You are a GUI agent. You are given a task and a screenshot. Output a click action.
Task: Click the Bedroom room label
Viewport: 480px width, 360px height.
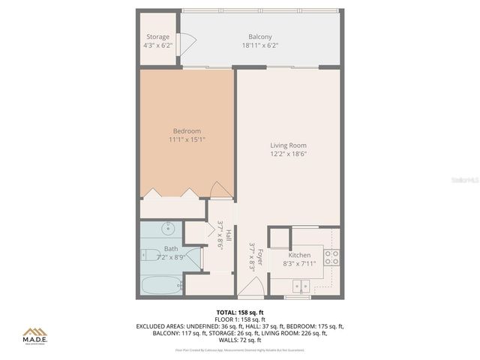pyautogui.click(x=186, y=131)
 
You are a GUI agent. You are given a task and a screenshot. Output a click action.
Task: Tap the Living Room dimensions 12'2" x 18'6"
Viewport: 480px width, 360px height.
pyautogui.click(x=289, y=154)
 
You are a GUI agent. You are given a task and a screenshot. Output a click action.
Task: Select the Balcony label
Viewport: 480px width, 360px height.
pyautogui.click(x=260, y=37)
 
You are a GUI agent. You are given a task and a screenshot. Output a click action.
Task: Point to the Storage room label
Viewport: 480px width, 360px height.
pyautogui.click(x=157, y=37)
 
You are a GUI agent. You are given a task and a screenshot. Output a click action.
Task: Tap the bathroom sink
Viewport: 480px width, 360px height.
pyautogui.click(x=169, y=229)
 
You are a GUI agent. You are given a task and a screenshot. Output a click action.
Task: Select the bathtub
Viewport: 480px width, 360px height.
pyautogui.click(x=161, y=285)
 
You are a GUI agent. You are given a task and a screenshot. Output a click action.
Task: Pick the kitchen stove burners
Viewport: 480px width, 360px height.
pyautogui.click(x=332, y=257)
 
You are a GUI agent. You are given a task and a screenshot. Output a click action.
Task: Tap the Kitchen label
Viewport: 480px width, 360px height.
pyautogui.click(x=299, y=255)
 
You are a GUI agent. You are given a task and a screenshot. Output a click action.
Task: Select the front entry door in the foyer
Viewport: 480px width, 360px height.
pyautogui.click(x=252, y=287)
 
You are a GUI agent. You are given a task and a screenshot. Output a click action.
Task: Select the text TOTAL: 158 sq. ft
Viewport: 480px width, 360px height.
pyautogui.click(x=240, y=311)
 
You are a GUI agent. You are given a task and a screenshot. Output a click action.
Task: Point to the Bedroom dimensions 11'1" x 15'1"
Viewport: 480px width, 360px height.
pyautogui.click(x=186, y=139)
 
